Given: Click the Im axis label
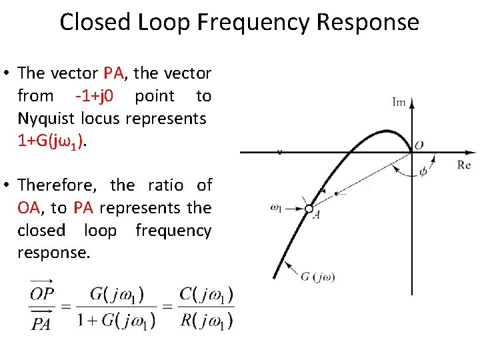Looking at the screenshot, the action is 399,102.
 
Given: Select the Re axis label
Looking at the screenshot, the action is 465,165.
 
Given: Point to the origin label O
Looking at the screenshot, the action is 419,145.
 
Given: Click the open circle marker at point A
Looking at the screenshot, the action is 309,209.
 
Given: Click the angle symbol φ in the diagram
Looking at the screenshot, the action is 423,171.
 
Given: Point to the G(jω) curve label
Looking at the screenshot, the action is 317,277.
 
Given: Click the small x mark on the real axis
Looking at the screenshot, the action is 279,152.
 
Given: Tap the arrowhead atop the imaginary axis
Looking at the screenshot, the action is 411,103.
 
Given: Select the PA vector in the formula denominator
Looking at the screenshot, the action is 41,323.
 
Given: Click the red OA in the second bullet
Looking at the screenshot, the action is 29,208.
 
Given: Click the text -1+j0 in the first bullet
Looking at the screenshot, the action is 95,96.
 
